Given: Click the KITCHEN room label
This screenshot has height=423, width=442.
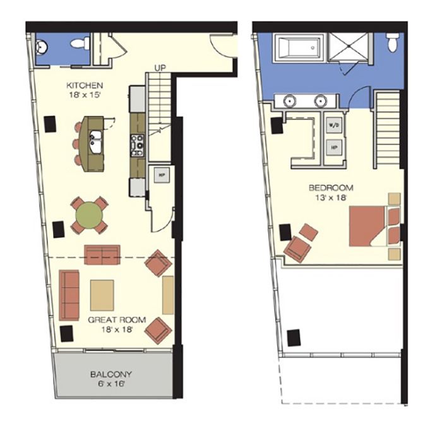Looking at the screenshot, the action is pyautogui.click(x=85, y=85).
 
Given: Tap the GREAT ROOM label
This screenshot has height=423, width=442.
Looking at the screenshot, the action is pyautogui.click(x=117, y=320).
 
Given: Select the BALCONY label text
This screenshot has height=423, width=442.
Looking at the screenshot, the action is pyautogui.click(x=111, y=374).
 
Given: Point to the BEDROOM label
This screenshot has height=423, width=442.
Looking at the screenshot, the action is pyautogui.click(x=331, y=188).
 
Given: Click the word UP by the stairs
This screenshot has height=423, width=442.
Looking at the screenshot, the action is pyautogui.click(x=160, y=68).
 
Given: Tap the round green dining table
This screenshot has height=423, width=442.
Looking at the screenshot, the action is pyautogui.click(x=89, y=215).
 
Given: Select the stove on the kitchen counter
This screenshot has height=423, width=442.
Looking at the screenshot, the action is pyautogui.click(x=137, y=145).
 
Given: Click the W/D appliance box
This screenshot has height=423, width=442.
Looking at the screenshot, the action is pyautogui.click(x=334, y=125).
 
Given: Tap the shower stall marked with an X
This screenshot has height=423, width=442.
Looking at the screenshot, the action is pyautogui.click(x=349, y=47).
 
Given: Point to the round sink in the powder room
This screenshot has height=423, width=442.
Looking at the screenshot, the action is pyautogui.click(x=42, y=47).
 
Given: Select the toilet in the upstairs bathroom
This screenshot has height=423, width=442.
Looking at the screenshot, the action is pyautogui.click(x=393, y=42).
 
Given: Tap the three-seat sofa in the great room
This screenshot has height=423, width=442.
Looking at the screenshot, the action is pyautogui.click(x=69, y=295).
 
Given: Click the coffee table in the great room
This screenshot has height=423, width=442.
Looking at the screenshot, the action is pyautogui.click(x=102, y=295).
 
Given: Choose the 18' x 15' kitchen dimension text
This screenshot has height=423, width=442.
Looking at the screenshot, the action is pyautogui.click(x=85, y=95).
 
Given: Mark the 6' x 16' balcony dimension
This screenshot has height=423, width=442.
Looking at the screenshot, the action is pyautogui.click(x=110, y=384).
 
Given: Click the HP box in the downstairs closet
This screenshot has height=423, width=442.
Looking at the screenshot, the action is pyautogui.click(x=162, y=175).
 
